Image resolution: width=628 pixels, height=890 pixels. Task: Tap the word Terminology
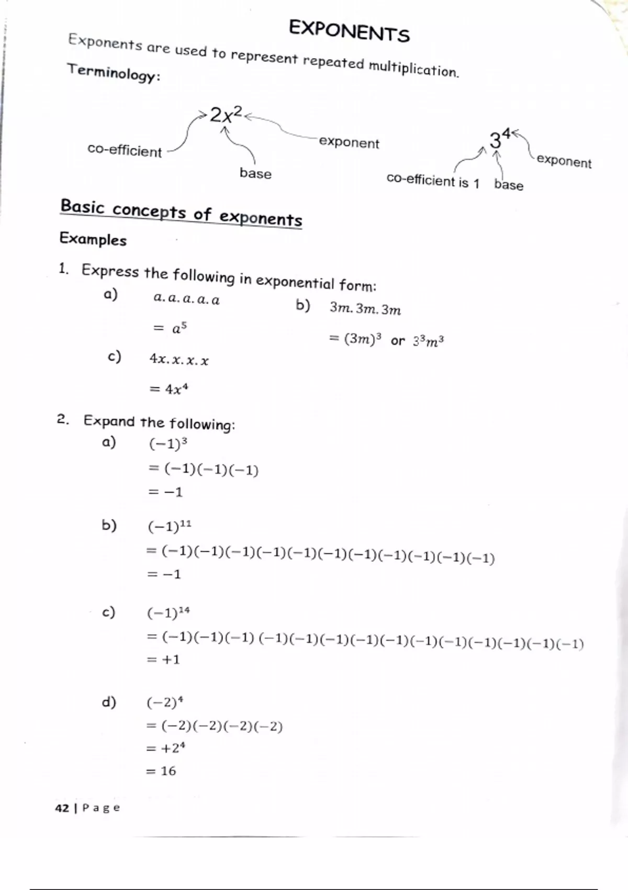[x=113, y=72]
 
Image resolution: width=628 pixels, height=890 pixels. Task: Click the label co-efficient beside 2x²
[x=125, y=151]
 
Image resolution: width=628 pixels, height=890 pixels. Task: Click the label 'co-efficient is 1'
[x=433, y=181]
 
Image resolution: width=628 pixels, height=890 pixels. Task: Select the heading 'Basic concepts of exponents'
[x=181, y=213]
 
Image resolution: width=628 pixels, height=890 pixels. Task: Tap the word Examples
[x=93, y=239]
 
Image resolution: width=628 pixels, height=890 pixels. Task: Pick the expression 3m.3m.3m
[x=365, y=309]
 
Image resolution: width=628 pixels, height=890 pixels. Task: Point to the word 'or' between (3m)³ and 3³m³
[x=398, y=341]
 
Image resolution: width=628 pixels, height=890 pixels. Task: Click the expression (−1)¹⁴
[x=169, y=613]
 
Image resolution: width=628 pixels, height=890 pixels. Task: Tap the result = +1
[x=164, y=660]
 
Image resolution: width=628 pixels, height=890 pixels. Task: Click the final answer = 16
[x=162, y=771]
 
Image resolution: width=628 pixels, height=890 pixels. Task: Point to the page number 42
[x=62, y=808]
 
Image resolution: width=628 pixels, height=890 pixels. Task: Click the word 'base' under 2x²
[x=255, y=173]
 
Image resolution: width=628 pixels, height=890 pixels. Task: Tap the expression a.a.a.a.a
[x=186, y=299]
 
